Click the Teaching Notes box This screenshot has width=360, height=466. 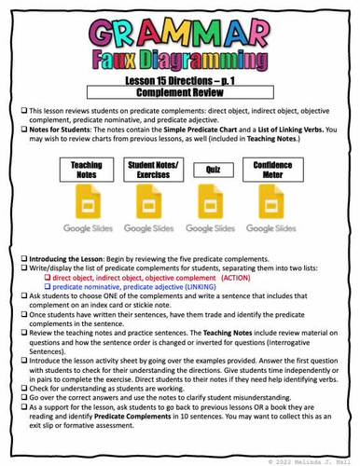86,170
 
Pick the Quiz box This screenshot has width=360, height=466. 212,170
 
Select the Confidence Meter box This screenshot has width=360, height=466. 272,170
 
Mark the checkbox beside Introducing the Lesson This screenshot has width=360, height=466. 21,257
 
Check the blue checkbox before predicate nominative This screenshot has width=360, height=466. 47,288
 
